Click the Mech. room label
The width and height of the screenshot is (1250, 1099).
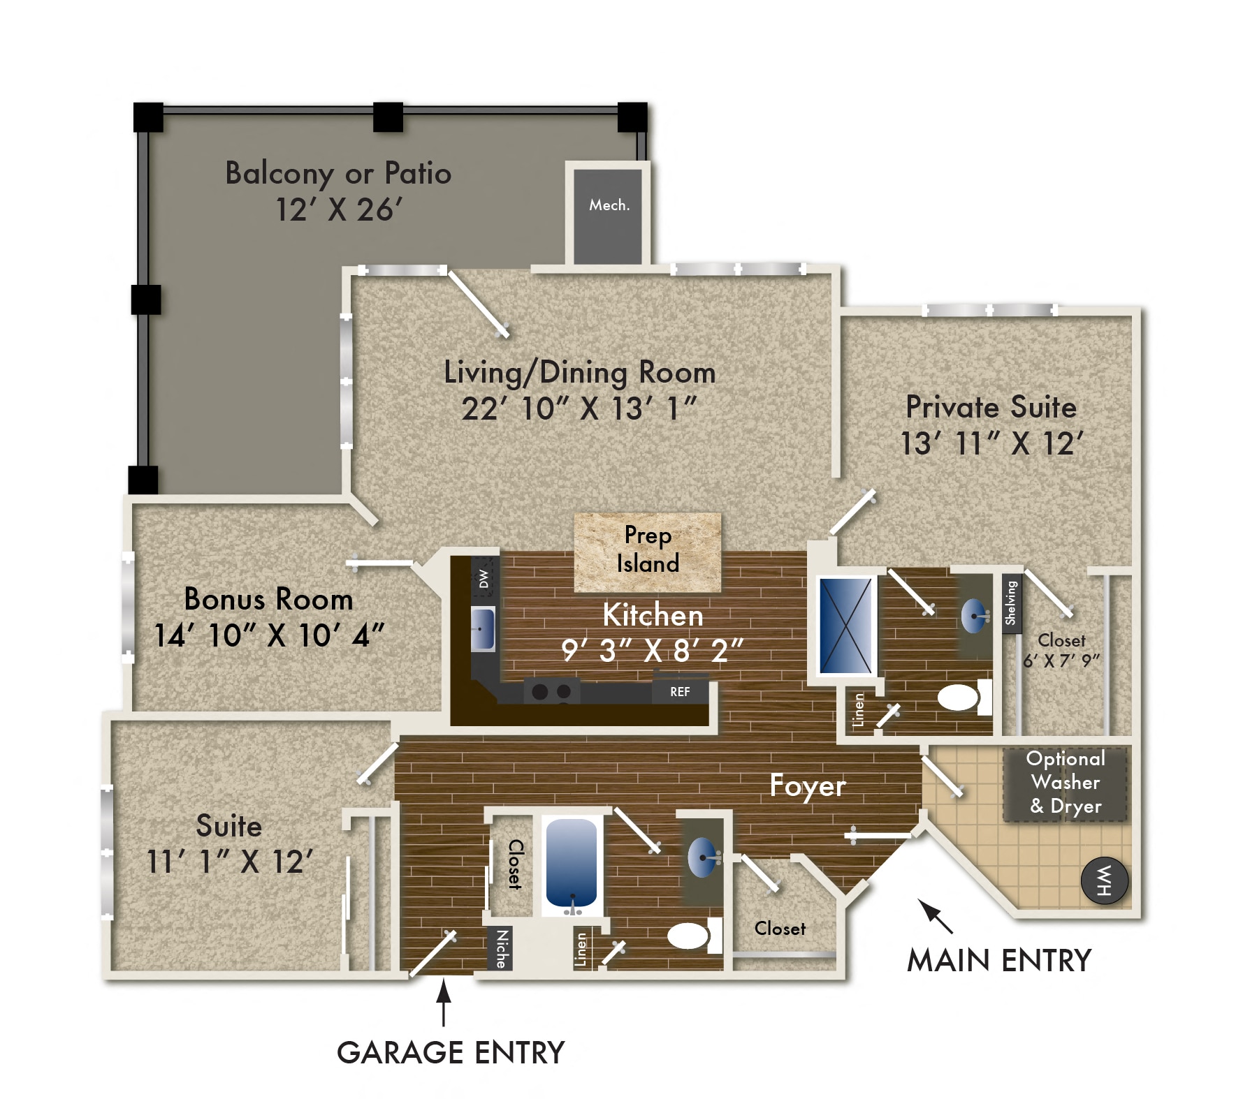(609, 205)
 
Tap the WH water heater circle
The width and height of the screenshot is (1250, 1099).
(1105, 880)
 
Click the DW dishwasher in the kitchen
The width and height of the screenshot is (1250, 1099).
(484, 578)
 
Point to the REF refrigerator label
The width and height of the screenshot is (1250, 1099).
(680, 692)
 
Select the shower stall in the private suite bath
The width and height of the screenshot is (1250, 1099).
(845, 626)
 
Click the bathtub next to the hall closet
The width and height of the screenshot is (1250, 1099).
(572, 864)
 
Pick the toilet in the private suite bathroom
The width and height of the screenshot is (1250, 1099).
(960, 698)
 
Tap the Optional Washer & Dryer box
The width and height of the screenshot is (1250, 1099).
(1065, 783)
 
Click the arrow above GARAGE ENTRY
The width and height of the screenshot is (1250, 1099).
(443, 1001)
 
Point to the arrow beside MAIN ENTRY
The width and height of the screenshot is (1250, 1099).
(934, 915)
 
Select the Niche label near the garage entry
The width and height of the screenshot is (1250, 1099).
(500, 948)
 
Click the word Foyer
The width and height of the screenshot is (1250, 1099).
(807, 786)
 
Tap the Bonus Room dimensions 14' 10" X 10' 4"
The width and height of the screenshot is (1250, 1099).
(269, 635)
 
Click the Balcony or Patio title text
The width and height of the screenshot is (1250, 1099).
(338, 173)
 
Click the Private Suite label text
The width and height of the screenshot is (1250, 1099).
(991, 407)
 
